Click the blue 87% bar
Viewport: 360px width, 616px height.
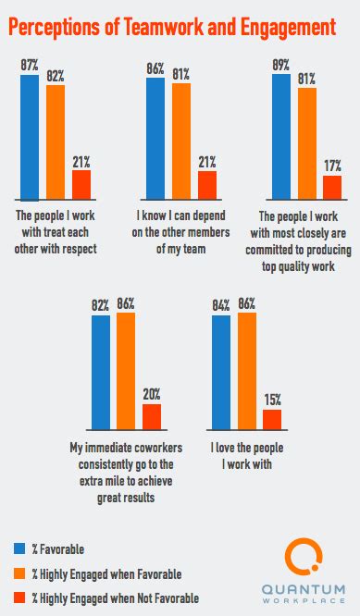pyautogui.click(x=30, y=137)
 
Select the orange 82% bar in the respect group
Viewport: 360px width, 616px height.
pyautogui.click(x=56, y=142)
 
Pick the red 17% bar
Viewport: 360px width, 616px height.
pyautogui.click(x=331, y=188)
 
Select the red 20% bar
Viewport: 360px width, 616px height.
pyautogui.click(x=151, y=417)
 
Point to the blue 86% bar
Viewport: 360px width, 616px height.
pyautogui.click(x=155, y=138)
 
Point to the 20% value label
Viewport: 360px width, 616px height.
pyautogui.click(x=151, y=397)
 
